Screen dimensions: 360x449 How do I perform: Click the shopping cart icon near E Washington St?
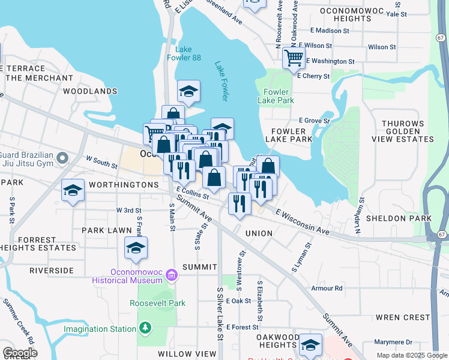point(293,58)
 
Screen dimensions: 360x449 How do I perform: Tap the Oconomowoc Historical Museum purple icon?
point(172,275)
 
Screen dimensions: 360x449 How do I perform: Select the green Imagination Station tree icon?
point(144,328)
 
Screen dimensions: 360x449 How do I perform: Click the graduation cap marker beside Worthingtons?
point(73,191)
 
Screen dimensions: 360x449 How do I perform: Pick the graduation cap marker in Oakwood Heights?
point(310,344)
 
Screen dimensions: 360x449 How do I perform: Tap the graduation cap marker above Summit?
point(136,247)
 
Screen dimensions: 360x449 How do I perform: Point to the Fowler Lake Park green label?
point(278,97)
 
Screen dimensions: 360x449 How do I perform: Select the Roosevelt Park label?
point(157,303)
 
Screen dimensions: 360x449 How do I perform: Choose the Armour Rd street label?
point(327,288)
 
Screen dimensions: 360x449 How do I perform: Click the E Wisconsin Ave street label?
point(303,222)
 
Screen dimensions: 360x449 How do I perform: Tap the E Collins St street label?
point(192,192)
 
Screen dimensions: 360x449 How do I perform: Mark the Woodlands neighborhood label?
point(90,91)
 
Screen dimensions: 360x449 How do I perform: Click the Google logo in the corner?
point(19,353)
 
